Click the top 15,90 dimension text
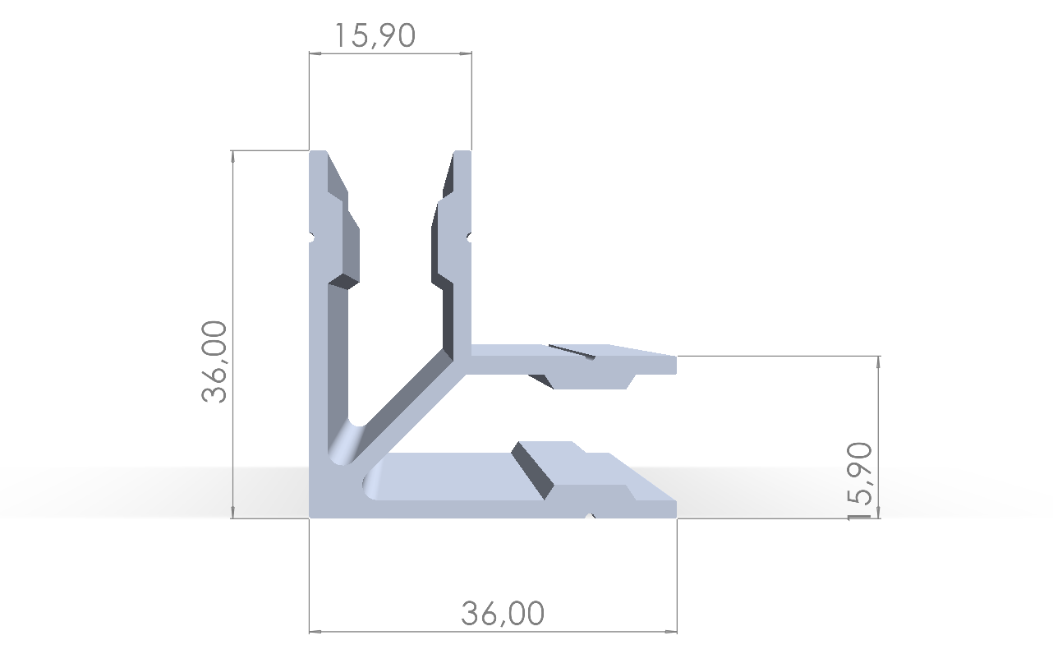point(375,35)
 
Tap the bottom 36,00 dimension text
point(503,614)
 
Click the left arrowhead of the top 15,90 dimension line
point(314,53)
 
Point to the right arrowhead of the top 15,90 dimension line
point(467,53)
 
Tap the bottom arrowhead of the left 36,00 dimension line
point(233,513)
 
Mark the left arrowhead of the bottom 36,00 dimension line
point(315,632)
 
